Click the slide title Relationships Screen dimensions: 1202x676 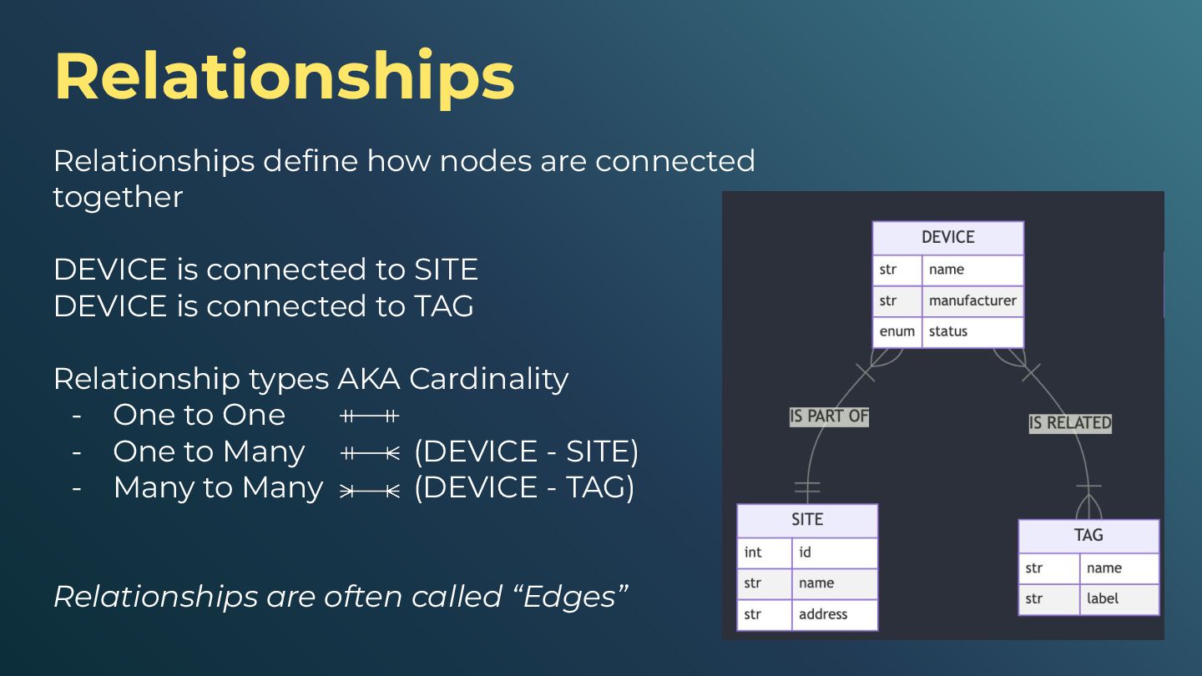point(284,77)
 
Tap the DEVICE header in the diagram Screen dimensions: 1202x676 point(947,237)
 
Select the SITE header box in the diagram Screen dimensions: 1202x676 point(807,520)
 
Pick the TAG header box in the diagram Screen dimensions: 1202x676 point(1088,535)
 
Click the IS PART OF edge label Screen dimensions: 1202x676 point(829,416)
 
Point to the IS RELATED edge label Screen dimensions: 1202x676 point(1070,423)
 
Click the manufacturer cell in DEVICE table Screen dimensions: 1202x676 point(972,300)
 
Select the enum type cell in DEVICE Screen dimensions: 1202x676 point(897,331)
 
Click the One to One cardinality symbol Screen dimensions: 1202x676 point(370,416)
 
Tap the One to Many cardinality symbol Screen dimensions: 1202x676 point(370,453)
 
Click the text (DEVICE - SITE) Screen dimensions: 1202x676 point(526,452)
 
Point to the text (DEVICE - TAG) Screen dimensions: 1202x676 point(524,487)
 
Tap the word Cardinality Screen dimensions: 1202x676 point(488,379)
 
